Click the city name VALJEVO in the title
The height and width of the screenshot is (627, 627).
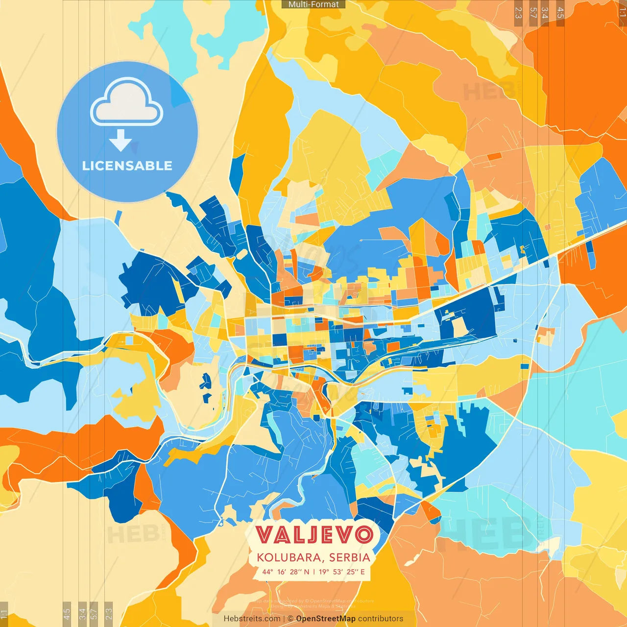pyautogui.click(x=314, y=534)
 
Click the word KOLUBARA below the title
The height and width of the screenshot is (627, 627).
pyautogui.click(x=289, y=557)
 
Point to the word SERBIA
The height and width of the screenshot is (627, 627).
pyautogui.click(x=350, y=557)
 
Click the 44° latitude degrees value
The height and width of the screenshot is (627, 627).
pyautogui.click(x=267, y=572)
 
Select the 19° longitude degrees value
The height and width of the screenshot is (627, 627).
pyautogui.click(x=324, y=572)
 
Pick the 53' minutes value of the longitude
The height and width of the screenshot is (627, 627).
pyautogui.click(x=338, y=572)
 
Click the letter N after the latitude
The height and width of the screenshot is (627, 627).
pyautogui.click(x=307, y=572)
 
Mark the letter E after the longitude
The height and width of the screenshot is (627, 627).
pyautogui.click(x=362, y=572)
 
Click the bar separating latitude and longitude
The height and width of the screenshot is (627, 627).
pyautogui.click(x=314, y=572)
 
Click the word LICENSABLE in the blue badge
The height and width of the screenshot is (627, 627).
pyautogui.click(x=127, y=166)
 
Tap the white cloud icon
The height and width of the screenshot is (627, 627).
pyautogui.click(x=127, y=102)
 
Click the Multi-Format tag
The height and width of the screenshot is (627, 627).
pyautogui.click(x=313, y=4)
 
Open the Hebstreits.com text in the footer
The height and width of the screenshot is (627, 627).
pyautogui.click(x=252, y=619)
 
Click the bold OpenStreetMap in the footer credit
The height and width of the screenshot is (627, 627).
pyautogui.click(x=326, y=619)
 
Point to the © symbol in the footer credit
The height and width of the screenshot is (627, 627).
pyautogui.click(x=290, y=619)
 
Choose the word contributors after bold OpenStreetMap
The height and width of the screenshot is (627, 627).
pyautogui.click(x=381, y=619)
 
